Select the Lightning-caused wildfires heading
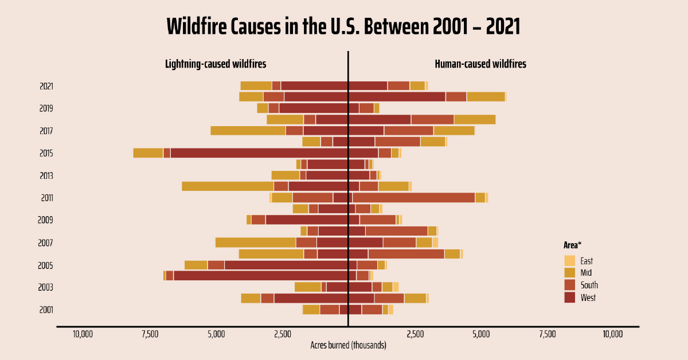click(216, 64)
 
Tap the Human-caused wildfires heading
click(480, 64)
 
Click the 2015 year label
click(46, 153)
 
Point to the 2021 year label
click(46, 86)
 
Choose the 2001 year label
click(46, 310)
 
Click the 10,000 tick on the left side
click(83, 334)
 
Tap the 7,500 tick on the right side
click(547, 334)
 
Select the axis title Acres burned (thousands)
click(348, 345)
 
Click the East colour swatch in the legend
click(569, 260)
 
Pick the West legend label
click(588, 298)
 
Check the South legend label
click(589, 285)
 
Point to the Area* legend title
click(572, 245)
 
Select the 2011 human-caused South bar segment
click(413, 198)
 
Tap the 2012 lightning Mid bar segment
click(228, 186)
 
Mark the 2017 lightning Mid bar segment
click(248, 131)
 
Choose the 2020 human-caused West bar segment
click(397, 97)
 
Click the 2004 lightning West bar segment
click(260, 276)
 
